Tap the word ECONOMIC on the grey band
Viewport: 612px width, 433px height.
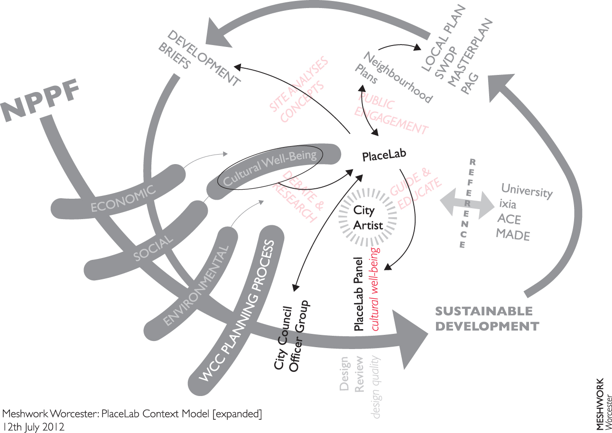(123, 199)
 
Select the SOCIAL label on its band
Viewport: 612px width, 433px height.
(153, 248)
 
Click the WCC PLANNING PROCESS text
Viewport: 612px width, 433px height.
(236, 311)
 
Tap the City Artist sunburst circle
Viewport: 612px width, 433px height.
(368, 218)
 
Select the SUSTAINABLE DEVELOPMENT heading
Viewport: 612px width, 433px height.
(487, 319)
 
